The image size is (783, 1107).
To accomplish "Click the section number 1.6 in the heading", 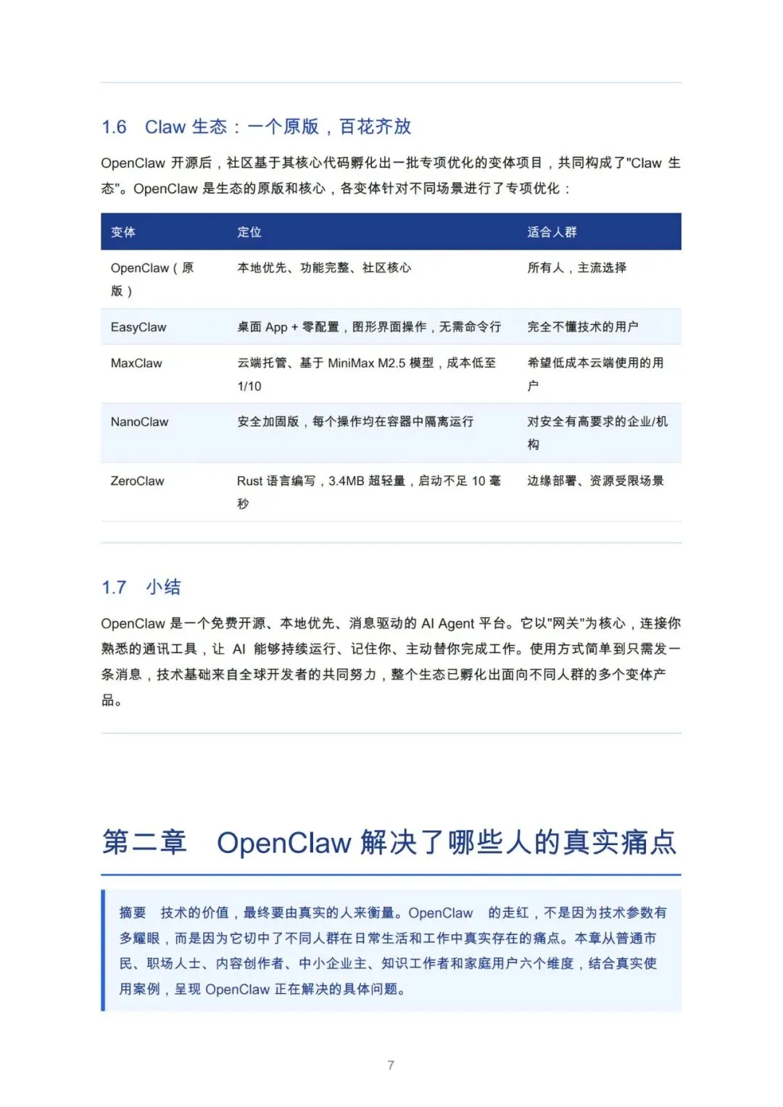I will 114,127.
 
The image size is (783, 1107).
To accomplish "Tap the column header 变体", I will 123,232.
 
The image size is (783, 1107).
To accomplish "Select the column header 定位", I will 249,232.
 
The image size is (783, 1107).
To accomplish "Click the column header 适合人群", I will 552,232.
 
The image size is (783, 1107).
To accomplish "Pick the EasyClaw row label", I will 138,327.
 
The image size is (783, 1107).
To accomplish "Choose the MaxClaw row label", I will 136,363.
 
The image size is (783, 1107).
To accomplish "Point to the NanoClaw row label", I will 139,421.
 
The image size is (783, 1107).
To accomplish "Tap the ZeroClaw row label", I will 137,481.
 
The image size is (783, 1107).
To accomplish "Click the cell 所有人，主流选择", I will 576,268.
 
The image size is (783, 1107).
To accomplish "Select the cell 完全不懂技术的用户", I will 582,327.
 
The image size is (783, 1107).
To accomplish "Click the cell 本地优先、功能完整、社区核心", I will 324,268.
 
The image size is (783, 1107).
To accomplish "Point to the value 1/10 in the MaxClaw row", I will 249,386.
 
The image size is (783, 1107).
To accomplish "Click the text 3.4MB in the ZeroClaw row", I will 347,481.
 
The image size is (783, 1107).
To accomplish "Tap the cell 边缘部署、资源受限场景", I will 595,481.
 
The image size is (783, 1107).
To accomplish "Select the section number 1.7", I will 114,588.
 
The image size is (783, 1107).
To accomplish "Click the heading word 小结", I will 163,588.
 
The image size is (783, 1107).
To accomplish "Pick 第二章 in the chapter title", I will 144,842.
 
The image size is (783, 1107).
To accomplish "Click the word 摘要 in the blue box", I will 133,913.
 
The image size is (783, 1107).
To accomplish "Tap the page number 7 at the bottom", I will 391,1065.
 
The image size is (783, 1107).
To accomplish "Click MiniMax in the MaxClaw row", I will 351,363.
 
